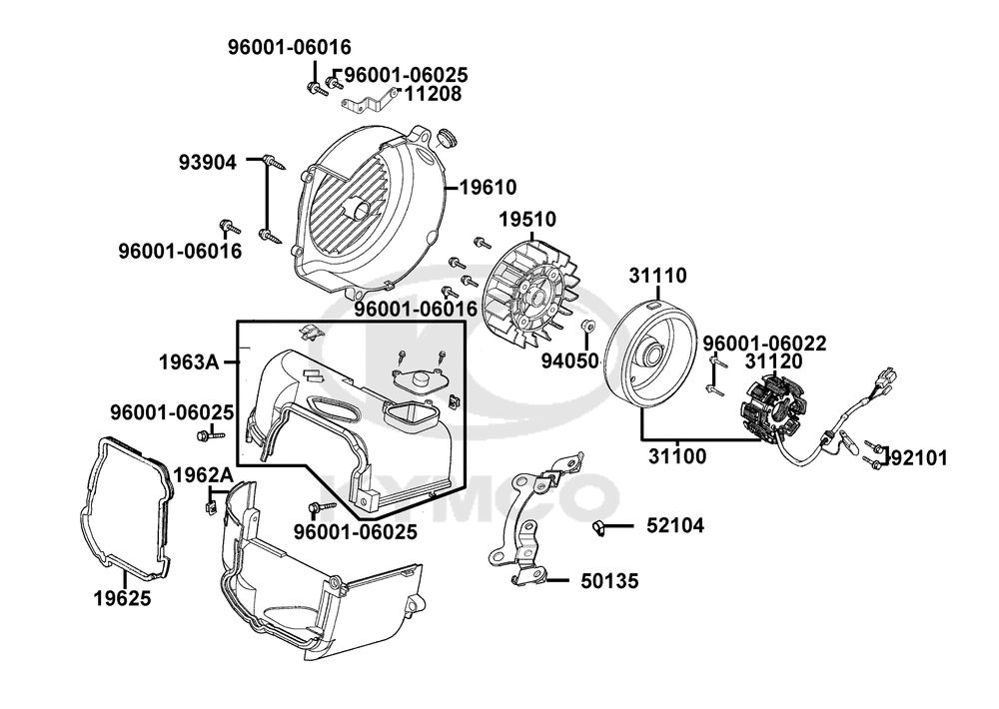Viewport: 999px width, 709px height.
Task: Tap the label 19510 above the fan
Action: point(527,220)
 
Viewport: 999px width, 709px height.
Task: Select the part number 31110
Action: point(657,275)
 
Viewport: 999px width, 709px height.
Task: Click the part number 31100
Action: point(676,456)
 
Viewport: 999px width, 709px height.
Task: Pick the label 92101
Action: point(918,458)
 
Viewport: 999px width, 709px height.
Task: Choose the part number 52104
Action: point(675,525)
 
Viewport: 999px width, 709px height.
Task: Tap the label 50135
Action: point(609,580)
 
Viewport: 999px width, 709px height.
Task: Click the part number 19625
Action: point(123,598)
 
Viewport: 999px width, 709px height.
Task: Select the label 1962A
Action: point(203,473)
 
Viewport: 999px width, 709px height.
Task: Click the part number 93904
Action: point(209,161)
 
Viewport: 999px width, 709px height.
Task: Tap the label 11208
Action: point(433,94)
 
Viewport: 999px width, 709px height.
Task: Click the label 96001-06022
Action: point(763,344)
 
